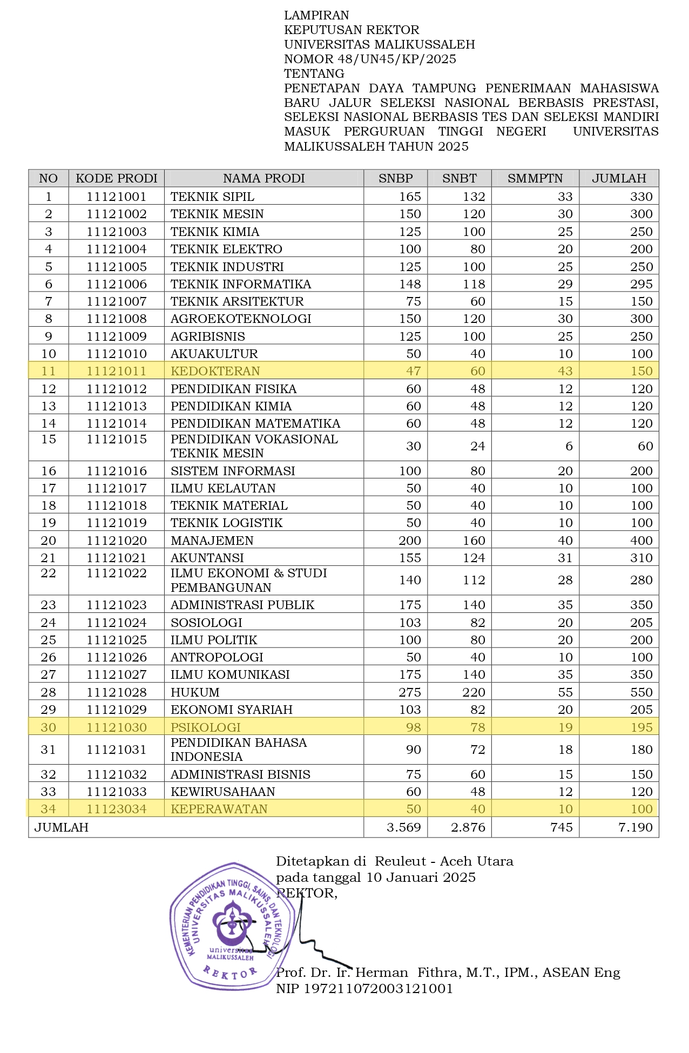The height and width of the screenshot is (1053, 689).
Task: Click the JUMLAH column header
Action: [x=619, y=178]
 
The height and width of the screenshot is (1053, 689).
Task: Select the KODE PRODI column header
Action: [x=117, y=178]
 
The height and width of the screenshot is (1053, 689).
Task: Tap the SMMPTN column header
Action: [x=535, y=178]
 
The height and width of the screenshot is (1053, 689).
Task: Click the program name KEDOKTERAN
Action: [x=215, y=371]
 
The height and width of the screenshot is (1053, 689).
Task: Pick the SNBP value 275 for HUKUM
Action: [x=410, y=692]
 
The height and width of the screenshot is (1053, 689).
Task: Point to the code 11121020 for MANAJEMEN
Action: [x=117, y=541]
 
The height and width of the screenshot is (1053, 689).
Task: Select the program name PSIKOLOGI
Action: [x=206, y=727]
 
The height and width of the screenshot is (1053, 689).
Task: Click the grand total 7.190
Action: [x=635, y=827]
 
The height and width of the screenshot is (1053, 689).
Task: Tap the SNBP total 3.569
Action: [x=404, y=827]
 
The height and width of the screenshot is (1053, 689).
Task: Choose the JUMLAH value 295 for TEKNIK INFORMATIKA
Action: [x=641, y=284]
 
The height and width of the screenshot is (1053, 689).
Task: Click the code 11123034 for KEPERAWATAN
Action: [x=117, y=809]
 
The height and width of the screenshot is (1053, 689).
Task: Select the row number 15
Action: [x=49, y=440]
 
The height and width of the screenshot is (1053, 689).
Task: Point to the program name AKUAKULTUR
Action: [x=214, y=354]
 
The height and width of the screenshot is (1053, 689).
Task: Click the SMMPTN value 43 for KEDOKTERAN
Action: [x=565, y=371]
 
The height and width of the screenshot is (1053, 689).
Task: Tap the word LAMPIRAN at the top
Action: [x=316, y=15]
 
